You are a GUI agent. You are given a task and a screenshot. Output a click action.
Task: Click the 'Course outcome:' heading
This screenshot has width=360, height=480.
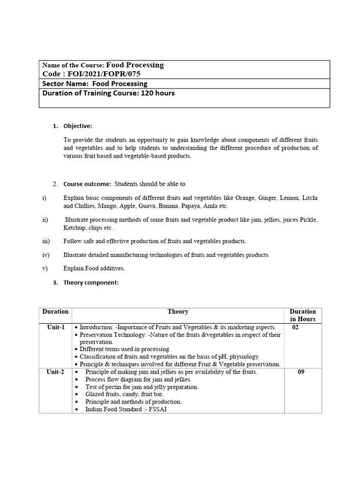tap(87, 184)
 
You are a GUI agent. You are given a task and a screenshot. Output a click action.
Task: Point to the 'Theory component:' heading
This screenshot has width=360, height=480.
tap(91, 283)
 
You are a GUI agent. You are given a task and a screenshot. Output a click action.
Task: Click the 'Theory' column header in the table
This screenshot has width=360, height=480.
tap(178, 312)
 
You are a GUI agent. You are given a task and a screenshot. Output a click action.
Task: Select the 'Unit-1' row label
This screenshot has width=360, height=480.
tap(56, 327)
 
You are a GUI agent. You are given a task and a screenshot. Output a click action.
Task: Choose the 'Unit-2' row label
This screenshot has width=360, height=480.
tap(56, 372)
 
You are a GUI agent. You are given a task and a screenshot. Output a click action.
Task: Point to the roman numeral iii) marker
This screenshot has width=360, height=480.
tap(45, 241)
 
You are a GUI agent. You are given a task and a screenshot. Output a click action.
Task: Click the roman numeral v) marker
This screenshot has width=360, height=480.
tap(45, 269)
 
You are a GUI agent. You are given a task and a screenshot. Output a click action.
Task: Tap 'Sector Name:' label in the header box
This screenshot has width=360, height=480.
tap(66, 84)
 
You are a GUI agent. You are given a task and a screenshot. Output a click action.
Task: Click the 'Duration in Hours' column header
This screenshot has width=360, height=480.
tap(302, 315)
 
